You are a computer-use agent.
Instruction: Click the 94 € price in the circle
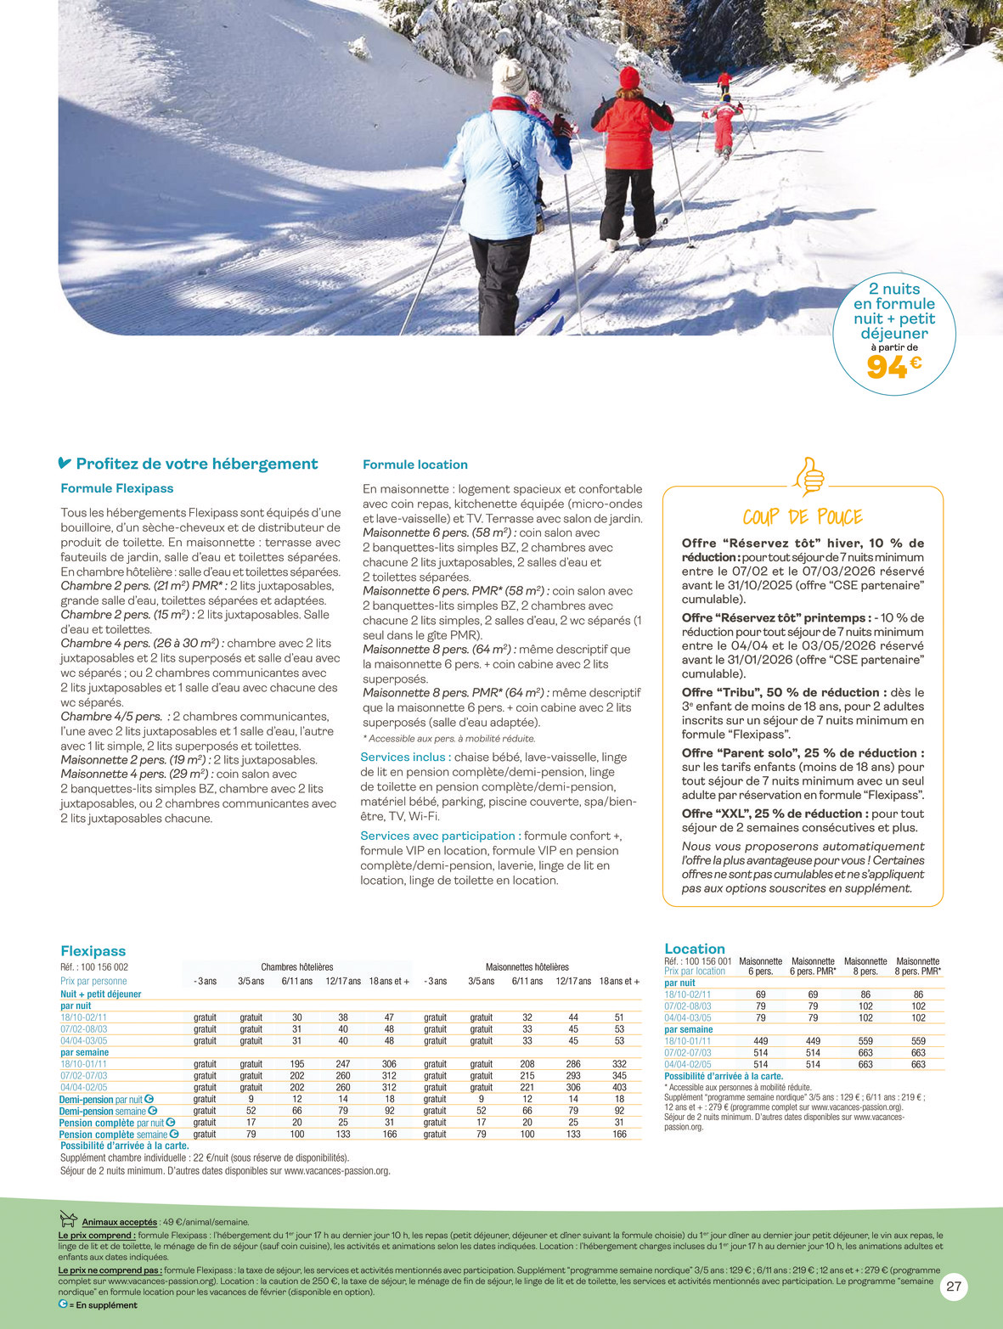click(893, 367)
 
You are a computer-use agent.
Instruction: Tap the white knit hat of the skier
click(510, 76)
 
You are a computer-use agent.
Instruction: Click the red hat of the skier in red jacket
click(629, 77)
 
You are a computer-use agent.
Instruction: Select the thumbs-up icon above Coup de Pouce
click(809, 476)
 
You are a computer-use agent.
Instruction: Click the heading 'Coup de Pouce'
click(803, 517)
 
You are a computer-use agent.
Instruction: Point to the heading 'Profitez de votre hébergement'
click(196, 464)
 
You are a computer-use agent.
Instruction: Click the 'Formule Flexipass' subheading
click(117, 488)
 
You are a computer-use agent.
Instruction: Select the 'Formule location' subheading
click(414, 465)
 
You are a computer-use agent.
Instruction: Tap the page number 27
click(954, 1287)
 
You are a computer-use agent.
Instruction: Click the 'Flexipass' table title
click(93, 951)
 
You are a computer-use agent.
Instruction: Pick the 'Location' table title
click(695, 949)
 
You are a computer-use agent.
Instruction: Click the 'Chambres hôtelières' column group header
click(296, 967)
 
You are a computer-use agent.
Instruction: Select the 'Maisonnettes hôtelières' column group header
click(527, 967)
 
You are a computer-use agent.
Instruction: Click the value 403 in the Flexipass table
click(619, 1087)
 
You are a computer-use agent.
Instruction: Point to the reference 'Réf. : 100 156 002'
click(94, 967)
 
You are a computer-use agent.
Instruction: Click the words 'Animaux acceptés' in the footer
click(120, 1222)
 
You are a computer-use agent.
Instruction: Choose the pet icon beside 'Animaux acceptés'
click(69, 1220)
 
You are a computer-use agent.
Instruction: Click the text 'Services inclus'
click(403, 757)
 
